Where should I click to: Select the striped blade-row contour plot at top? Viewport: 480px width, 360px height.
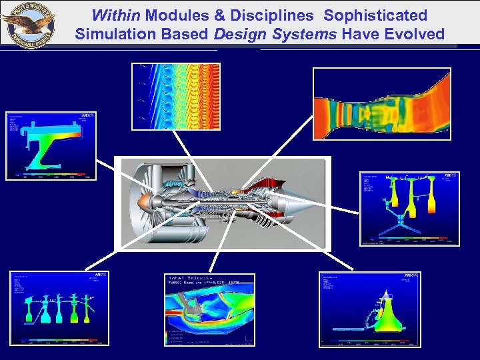[x=176, y=96]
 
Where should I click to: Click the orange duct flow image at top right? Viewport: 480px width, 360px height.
[x=381, y=104]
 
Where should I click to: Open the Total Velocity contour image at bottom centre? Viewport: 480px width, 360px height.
[x=209, y=310]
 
